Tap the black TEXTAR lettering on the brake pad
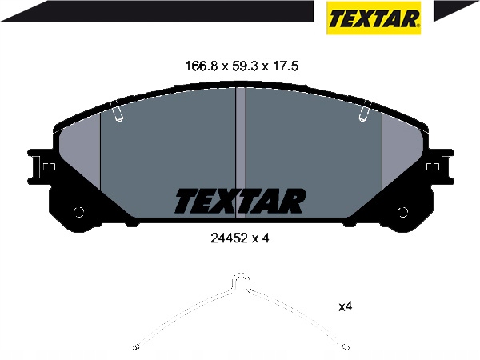tap(239, 201)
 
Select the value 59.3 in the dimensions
tap(241, 66)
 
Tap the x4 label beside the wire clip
tap(346, 306)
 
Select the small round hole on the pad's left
tap(78, 212)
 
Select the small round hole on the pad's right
tap(402, 212)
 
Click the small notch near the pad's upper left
tap(118, 115)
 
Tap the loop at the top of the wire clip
tap(240, 280)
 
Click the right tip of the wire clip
tap(345, 347)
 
